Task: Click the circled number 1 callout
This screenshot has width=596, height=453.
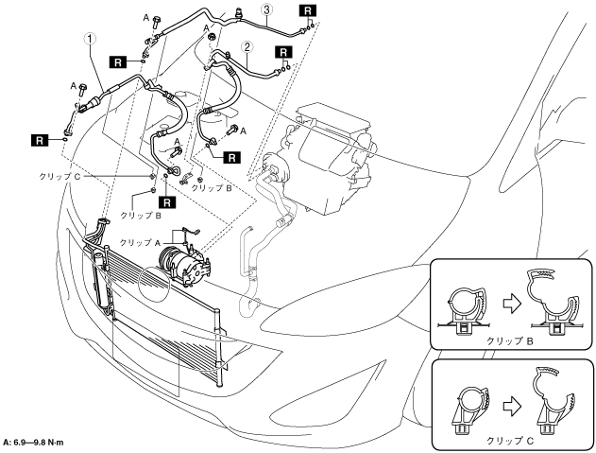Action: tap(91, 39)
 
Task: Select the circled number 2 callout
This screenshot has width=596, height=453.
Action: tap(247, 47)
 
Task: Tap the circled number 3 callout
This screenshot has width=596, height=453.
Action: tap(267, 9)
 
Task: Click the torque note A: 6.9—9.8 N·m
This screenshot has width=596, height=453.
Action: tap(33, 443)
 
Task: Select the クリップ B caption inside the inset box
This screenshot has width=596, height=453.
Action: tap(510, 340)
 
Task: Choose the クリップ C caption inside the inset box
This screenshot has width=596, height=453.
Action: tap(510, 441)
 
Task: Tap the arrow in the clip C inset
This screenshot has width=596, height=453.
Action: tap(512, 407)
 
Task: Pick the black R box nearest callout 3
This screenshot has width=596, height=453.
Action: tap(307, 10)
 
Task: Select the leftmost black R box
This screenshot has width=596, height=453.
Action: tap(40, 141)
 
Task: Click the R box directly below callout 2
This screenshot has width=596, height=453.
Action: tap(283, 52)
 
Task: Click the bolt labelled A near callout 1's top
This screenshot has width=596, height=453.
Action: tap(156, 22)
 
